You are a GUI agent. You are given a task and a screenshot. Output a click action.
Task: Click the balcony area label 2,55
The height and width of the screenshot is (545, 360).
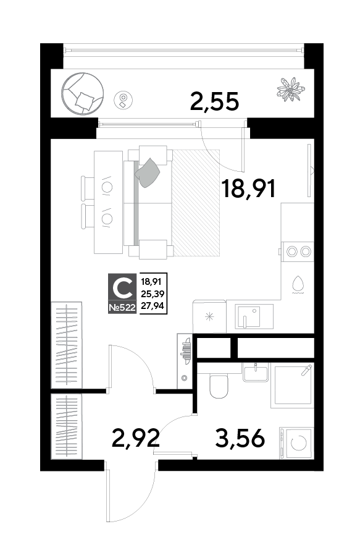(214, 102)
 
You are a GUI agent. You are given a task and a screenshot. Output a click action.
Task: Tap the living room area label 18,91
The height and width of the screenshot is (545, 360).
(249, 188)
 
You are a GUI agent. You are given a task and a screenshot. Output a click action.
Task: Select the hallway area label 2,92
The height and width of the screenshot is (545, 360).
(135, 438)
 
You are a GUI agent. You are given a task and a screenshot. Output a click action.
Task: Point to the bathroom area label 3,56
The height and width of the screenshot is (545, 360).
(240, 438)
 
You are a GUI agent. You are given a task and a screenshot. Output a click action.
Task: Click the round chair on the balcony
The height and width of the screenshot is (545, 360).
(82, 93)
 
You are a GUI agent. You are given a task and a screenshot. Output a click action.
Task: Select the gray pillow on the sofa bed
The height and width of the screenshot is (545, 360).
(148, 173)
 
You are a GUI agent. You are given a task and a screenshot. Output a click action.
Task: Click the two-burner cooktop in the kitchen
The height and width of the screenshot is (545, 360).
(298, 251)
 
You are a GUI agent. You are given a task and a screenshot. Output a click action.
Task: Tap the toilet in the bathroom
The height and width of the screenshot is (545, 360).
(219, 386)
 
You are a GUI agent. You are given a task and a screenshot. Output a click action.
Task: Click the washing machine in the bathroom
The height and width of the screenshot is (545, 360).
(297, 443)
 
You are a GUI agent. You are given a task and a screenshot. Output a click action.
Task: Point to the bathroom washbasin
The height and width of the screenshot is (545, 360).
(256, 372)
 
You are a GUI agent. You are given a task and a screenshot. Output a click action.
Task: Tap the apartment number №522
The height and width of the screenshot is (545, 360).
(122, 307)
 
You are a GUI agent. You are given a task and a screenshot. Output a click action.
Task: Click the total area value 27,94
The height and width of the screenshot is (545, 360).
(153, 306)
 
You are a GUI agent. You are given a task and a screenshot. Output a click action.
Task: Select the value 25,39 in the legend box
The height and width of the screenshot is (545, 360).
(153, 294)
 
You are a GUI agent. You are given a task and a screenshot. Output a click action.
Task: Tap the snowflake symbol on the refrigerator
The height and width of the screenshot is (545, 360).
(209, 316)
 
